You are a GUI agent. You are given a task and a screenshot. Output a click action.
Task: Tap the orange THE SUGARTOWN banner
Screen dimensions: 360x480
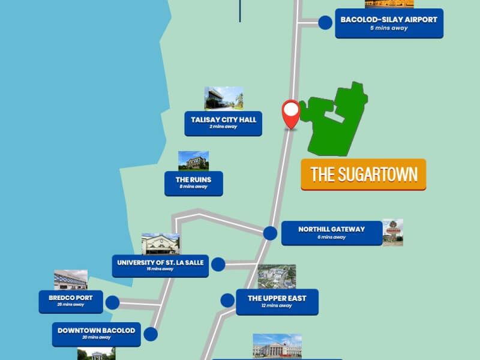[x=364, y=175]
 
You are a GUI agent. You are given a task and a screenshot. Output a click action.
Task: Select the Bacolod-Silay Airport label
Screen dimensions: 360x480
[x=389, y=23]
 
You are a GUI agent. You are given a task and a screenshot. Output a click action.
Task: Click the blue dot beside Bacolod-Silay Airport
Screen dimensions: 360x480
[x=325, y=23]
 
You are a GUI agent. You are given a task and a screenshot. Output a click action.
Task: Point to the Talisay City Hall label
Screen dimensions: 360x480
[x=223, y=123]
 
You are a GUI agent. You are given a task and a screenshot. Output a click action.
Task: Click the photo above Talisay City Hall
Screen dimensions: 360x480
[x=224, y=98]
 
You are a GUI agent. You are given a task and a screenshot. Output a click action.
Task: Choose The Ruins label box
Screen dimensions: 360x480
[x=193, y=183]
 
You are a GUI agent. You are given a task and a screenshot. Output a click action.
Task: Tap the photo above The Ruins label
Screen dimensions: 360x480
[x=193, y=161]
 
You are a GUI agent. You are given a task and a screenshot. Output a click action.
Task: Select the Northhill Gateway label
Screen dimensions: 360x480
[x=331, y=233]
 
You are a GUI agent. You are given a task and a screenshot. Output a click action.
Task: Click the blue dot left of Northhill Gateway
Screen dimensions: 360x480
[x=271, y=233]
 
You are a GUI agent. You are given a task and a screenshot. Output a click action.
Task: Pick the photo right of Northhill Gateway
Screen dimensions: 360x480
[x=392, y=232]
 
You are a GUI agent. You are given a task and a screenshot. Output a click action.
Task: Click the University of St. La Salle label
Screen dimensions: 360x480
[x=160, y=265]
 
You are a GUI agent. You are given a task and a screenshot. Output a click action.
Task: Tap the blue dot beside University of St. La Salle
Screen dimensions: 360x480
[x=218, y=264]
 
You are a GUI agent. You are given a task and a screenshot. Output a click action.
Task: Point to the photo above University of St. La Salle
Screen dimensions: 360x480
[x=160, y=244]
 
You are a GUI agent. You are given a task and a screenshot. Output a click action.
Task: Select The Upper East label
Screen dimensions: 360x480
[x=277, y=302]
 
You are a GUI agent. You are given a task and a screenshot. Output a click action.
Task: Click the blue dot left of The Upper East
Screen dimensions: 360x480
[x=227, y=300]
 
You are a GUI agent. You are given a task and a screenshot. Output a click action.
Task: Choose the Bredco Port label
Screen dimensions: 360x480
[x=71, y=301]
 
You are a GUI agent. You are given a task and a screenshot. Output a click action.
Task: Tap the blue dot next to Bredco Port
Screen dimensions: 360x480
[x=112, y=302]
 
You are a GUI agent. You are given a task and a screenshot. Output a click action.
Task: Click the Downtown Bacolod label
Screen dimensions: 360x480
[x=96, y=334]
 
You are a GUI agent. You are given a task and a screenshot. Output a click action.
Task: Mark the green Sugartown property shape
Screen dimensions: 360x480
[x=336, y=120]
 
